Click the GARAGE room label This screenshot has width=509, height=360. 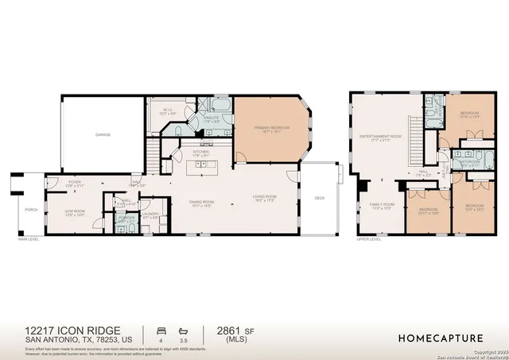tap(103, 134)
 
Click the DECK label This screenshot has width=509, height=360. tap(319, 198)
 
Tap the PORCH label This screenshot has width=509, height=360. tap(31, 211)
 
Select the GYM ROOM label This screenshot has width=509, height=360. tap(75, 212)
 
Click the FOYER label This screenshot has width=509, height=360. tap(75, 183)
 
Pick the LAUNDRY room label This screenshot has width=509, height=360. tap(151, 215)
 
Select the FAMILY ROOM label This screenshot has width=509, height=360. tap(381, 206)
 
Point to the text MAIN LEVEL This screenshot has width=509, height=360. tap(29, 238)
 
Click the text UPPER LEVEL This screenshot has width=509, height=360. tap(367, 238)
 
